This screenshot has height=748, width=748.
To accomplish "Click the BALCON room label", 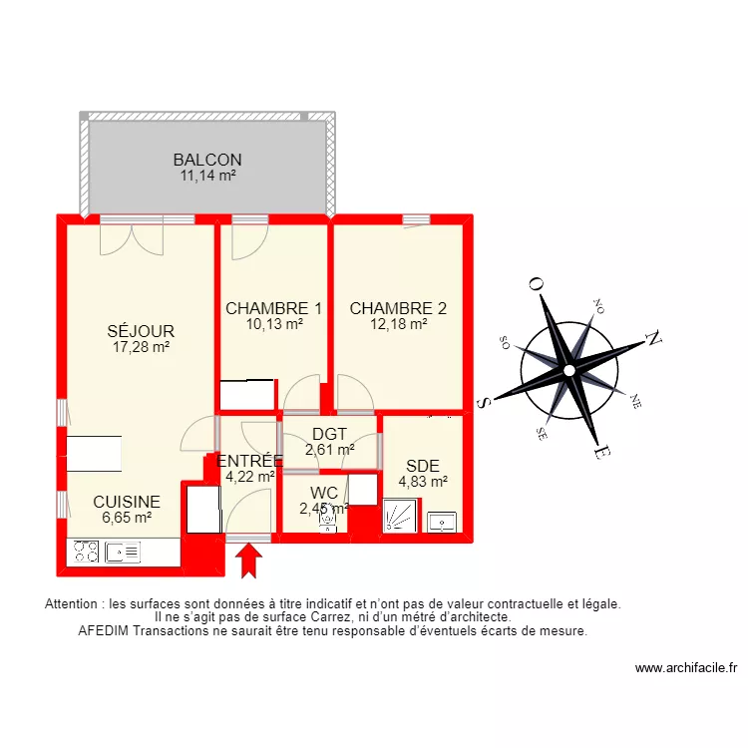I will pos(206,160).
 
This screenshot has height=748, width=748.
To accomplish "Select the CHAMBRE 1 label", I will pos(273,308).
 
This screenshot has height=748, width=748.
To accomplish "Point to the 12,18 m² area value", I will pos(398,323).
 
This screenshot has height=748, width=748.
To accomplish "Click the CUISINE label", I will pos(126,502).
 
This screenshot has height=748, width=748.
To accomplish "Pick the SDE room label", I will pos(422,466).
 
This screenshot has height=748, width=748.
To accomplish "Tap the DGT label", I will pos(329,434).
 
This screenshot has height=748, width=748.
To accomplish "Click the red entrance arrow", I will pos(248,561).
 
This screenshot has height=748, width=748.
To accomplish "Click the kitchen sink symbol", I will pos(125,552).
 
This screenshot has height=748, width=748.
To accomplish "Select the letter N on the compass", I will pos(654,339).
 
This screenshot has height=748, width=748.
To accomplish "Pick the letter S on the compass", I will pos(486,401).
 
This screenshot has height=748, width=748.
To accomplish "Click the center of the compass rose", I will pos(568,370).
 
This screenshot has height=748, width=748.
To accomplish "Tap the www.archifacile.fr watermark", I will pos(685,668).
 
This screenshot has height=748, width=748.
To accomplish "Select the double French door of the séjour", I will pos(131,237).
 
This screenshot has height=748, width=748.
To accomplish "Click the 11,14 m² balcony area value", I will pos(206,176).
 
